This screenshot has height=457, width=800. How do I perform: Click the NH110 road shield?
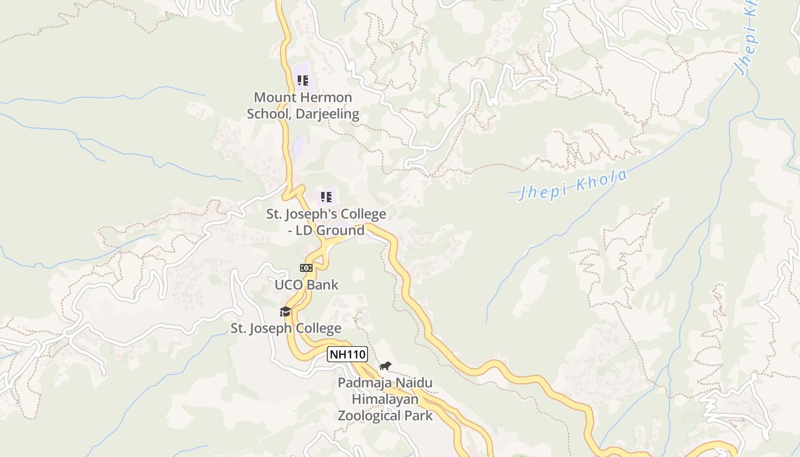click(x=347, y=354)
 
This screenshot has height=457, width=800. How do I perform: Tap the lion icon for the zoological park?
click(x=385, y=366)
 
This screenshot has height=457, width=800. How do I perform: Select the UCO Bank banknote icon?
click(x=306, y=267)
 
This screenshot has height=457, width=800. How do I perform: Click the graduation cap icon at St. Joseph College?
click(x=285, y=311)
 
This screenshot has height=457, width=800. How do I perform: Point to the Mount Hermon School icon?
click(x=302, y=81)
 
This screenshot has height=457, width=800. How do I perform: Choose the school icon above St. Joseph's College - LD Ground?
click(x=326, y=197)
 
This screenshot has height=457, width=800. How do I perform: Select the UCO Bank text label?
click(x=307, y=284)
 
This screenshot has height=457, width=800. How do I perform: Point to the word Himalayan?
click(x=385, y=399)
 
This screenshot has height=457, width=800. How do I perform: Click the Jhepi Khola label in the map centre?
click(x=573, y=184)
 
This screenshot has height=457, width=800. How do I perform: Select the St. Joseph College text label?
click(x=286, y=328)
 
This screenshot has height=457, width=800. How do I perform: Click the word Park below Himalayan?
click(x=419, y=415)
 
